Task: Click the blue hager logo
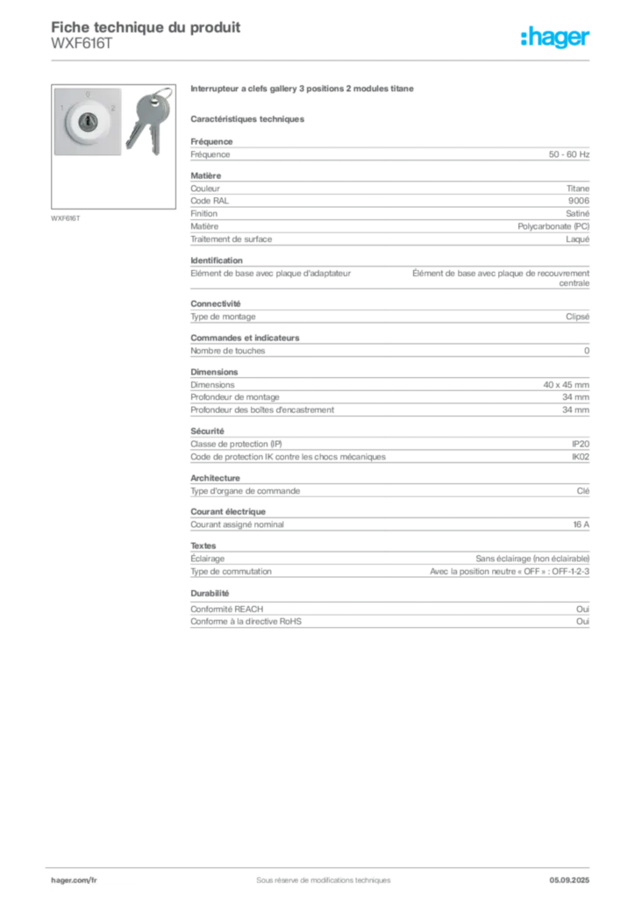[x=556, y=38]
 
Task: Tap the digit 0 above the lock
[x=88, y=94]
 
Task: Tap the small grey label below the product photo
[x=67, y=217]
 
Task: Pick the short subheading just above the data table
[x=248, y=118]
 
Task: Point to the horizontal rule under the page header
[x=322, y=59]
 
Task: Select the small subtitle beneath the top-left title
[x=81, y=48]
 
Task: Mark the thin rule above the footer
[x=322, y=864]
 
